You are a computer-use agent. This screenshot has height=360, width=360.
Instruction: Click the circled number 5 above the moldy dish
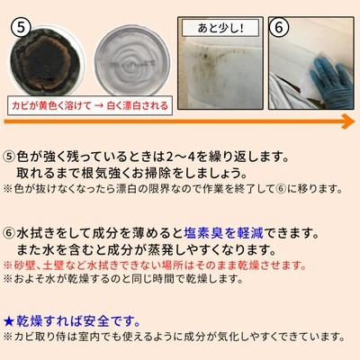click(x=22, y=28)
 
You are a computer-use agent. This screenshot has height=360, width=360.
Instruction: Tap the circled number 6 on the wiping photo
click(x=279, y=28)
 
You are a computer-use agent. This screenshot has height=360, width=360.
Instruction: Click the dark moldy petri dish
click(x=46, y=61)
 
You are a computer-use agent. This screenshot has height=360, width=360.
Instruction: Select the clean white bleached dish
click(x=132, y=60)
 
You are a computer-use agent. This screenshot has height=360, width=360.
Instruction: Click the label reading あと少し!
click(x=220, y=28)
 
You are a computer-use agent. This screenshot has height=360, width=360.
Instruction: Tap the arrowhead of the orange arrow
click(x=348, y=121)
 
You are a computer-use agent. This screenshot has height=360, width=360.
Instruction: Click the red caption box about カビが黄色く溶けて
click(x=90, y=105)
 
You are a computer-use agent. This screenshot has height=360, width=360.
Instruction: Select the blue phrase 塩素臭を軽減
click(x=223, y=233)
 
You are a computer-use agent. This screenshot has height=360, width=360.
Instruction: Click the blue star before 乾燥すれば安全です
click(x=9, y=322)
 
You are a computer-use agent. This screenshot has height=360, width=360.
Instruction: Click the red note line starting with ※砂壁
click(x=154, y=265)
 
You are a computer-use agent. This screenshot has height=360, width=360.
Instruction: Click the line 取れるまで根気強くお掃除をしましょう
click(x=130, y=173)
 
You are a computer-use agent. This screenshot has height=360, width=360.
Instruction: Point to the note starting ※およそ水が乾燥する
click(x=123, y=279)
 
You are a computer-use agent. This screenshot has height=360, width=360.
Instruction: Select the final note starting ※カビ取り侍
click(x=174, y=337)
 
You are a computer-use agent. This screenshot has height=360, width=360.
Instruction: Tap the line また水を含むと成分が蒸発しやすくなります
click(x=146, y=249)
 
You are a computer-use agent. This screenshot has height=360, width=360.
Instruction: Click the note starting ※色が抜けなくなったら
click(x=173, y=189)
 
